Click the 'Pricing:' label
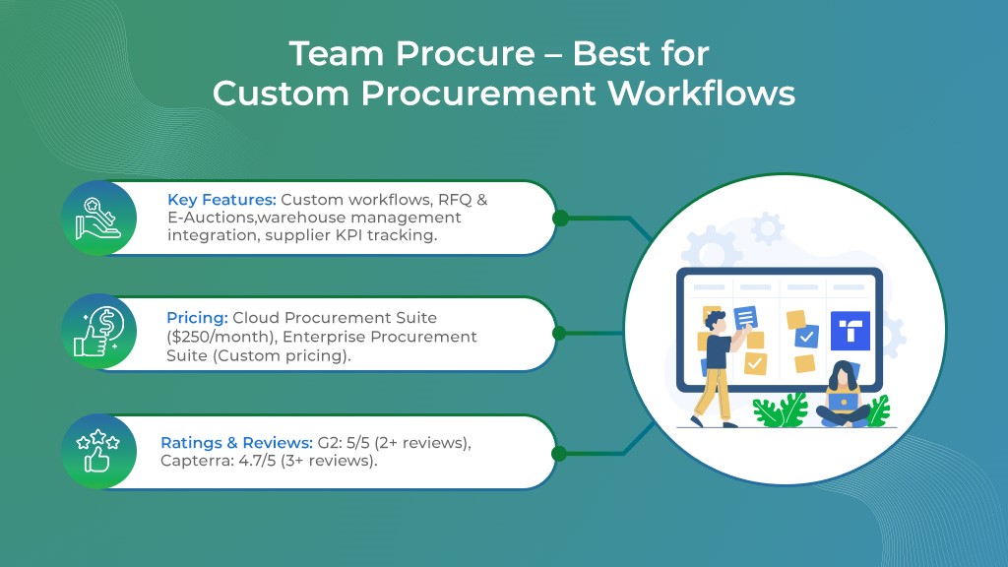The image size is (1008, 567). point(197,318)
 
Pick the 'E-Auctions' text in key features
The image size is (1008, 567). point(210,218)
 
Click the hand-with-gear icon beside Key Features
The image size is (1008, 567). point(97,218)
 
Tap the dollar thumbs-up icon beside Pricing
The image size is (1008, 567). point(97,334)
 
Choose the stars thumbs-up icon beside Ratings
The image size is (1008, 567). point(97,451)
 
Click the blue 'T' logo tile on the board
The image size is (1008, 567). point(850,331)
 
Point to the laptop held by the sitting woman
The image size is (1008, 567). point(842,402)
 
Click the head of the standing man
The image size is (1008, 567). point(716,320)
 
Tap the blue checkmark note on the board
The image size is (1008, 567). point(805,336)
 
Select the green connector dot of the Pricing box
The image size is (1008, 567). point(560,334)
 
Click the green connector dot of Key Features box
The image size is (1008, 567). point(560,218)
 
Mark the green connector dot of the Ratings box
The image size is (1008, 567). point(560,453)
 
